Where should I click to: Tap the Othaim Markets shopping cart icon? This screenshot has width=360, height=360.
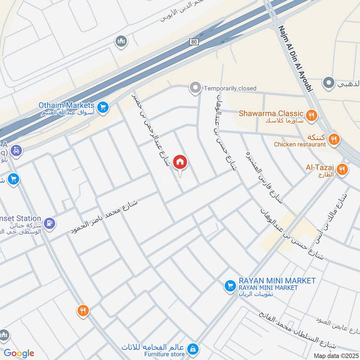tap(103, 107)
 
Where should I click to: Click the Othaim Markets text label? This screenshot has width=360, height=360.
tap(66, 105)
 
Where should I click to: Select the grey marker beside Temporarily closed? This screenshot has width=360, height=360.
tap(195, 88)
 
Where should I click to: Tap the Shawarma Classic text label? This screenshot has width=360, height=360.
tap(271, 113)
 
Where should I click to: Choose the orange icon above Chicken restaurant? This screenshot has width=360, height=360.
tap(333, 138)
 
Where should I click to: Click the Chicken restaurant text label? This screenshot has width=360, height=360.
tap(300, 144)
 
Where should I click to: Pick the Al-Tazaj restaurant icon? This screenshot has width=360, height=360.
tap(342, 170)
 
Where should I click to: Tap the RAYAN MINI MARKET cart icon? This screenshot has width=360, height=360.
tap(230, 286)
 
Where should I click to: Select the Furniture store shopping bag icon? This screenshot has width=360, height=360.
tap(193, 349)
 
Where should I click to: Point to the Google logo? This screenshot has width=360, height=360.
tap(19, 353)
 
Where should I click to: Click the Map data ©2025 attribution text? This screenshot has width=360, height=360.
tap(335, 355)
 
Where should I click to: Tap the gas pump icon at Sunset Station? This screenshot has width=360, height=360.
tap(50, 223)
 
